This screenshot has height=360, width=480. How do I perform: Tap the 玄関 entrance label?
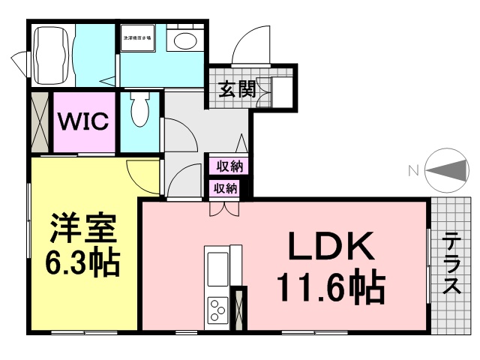click(x=237, y=89)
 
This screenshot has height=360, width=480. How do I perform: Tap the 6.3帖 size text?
click(x=82, y=262)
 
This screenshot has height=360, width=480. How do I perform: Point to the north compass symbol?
click(x=445, y=170)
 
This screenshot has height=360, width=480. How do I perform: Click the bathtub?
click(x=52, y=56)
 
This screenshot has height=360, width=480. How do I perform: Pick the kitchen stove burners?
click(x=217, y=310)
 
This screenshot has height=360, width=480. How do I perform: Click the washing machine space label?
click(x=137, y=36)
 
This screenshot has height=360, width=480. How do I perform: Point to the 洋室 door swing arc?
click(x=141, y=174)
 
